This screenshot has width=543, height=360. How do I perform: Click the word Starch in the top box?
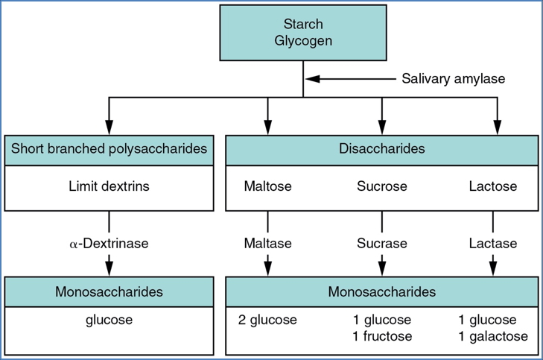303,25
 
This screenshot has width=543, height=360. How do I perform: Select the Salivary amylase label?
454,78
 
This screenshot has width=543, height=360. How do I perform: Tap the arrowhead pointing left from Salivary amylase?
313,78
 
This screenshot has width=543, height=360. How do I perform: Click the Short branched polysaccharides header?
109,148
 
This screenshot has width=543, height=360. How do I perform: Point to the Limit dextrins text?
109,186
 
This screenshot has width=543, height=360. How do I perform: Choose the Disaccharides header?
381,148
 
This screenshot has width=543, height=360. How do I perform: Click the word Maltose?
267,186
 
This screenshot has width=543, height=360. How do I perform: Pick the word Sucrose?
381,186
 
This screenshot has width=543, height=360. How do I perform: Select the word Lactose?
492,186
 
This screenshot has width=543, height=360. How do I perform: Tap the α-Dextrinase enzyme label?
109,243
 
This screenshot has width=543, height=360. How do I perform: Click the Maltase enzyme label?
267,243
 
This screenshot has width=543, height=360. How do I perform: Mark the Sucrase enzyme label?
381,243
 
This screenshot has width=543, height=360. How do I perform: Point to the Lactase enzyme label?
492,243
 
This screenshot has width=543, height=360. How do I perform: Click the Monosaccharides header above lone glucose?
109,291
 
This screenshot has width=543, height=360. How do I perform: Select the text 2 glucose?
267,320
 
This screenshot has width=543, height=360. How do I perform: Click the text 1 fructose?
381,336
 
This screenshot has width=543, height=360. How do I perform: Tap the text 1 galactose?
492,336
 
